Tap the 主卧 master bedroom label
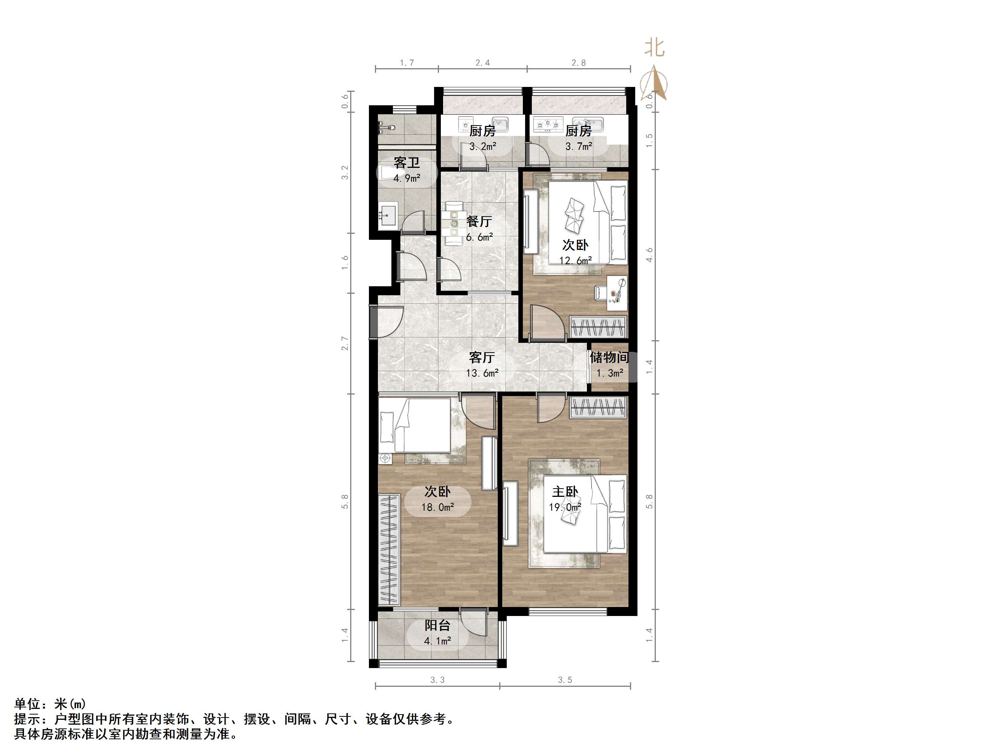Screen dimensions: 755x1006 (x=565, y=492)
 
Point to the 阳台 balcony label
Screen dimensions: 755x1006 (x=437, y=625)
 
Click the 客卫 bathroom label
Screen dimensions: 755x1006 (x=407, y=163)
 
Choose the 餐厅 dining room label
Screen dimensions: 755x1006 (x=479, y=222)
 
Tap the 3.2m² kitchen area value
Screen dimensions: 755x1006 (x=482, y=147)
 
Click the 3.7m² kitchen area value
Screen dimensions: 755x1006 (x=579, y=147)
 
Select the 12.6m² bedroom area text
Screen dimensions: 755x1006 (x=575, y=261)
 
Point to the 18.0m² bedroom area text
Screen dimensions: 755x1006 (x=437, y=507)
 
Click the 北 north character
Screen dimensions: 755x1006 (x=654, y=48)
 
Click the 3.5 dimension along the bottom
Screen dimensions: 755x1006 (x=565, y=680)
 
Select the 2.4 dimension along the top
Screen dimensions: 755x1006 (x=482, y=63)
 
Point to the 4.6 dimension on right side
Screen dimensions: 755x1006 (x=649, y=255)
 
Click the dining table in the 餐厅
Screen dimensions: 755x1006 (x=454, y=223)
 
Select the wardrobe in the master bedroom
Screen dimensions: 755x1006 (x=598, y=407)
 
